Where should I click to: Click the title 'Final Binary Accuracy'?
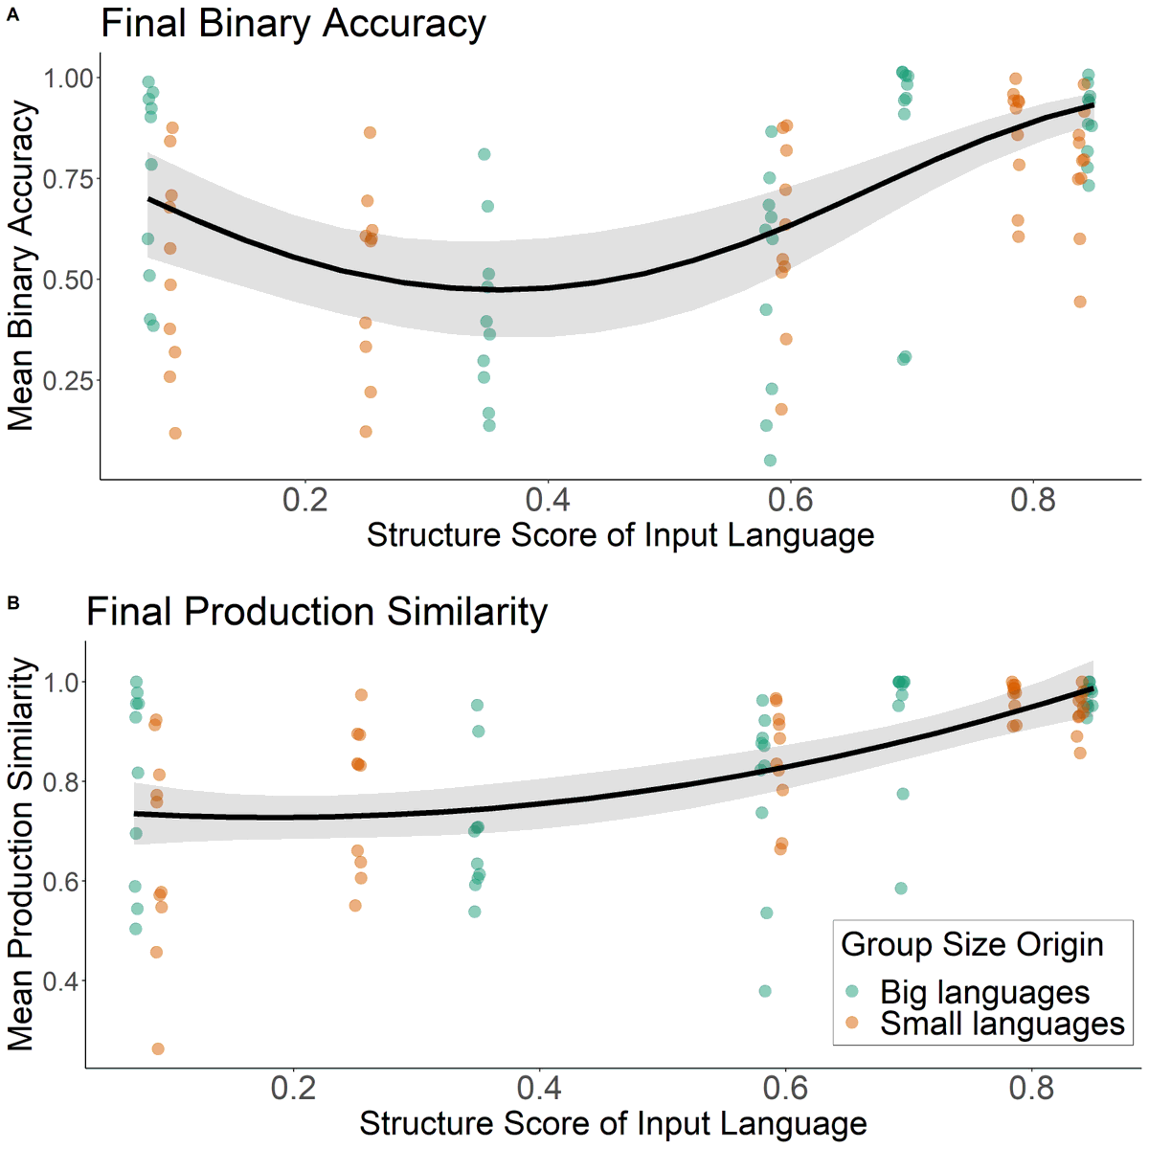tap(293, 24)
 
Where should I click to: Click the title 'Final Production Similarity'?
tap(317, 612)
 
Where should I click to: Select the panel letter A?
tap(12, 14)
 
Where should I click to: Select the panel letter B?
tap(12, 602)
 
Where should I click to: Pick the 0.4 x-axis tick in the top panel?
tap(548, 499)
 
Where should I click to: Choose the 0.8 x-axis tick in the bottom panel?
tap(1032, 1088)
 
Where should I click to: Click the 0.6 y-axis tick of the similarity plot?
tap(60, 881)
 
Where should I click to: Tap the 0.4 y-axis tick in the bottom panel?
tap(60, 980)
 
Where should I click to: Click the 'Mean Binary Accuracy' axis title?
tap(21, 265)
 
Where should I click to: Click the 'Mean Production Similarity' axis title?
tap(21, 854)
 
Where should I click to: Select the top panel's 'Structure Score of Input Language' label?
tap(620, 535)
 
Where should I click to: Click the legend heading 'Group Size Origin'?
tap(972, 944)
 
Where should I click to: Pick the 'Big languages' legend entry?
tap(984, 993)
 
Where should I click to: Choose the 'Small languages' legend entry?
tap(1002, 1024)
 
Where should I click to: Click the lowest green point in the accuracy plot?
tap(770, 461)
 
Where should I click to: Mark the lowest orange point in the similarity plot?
tap(158, 1049)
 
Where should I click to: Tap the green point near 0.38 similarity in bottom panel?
tap(765, 991)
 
